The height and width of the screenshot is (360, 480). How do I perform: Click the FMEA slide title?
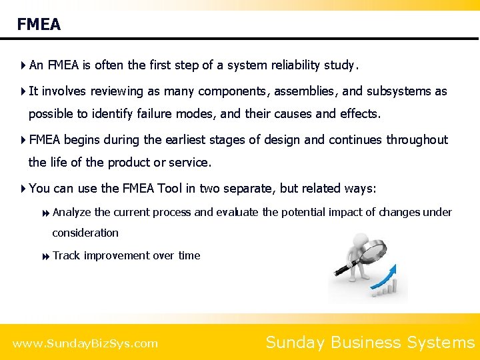coord(39,25)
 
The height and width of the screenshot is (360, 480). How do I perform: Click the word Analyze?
coord(72,213)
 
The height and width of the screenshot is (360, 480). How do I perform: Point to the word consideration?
coord(85,233)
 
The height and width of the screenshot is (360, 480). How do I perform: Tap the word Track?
coord(66,255)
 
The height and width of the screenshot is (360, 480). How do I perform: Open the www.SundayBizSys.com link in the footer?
coord(85,344)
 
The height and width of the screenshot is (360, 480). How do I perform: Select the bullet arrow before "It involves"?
coord(23,91)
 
